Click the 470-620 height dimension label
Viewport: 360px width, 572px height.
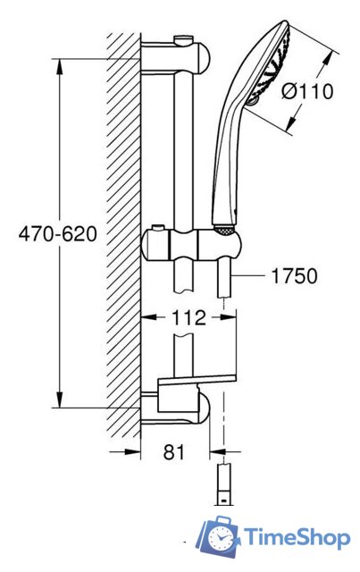click(x=58, y=233)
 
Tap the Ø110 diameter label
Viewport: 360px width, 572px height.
click(x=307, y=91)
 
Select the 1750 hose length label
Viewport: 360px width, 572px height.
click(x=294, y=276)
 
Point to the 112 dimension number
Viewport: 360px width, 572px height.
click(x=189, y=318)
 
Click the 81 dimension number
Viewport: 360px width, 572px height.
click(x=174, y=452)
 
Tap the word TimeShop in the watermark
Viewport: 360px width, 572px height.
click(x=297, y=538)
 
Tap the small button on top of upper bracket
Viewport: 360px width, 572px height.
click(x=184, y=39)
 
